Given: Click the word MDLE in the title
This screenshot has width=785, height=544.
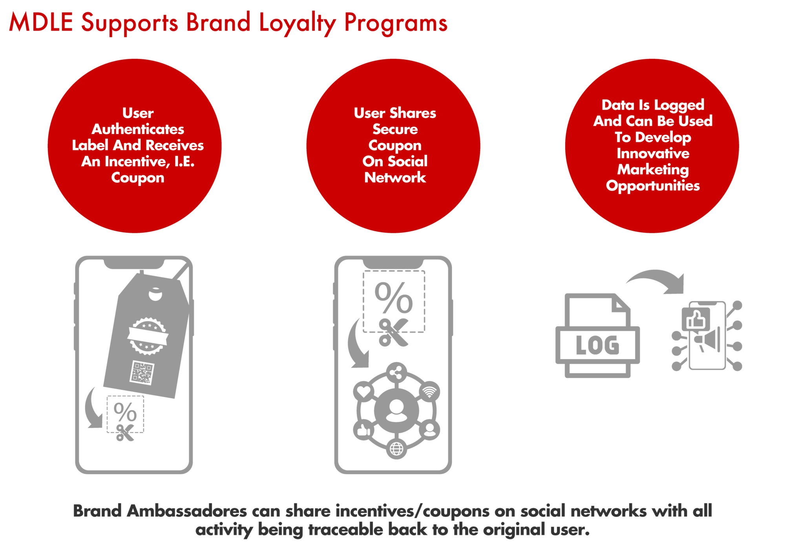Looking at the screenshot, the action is pos(41,22).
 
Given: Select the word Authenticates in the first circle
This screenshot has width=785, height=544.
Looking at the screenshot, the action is pos(138,129).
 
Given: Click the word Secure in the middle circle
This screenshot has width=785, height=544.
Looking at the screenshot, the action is pos(395,129).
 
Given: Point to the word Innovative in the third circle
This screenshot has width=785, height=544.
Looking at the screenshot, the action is pos(653,153).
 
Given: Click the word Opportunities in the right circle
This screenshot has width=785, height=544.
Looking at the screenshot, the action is pos(653,186).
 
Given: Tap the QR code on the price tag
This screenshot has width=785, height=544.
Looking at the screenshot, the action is pos(142,373).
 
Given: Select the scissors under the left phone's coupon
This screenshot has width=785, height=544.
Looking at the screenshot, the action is pos(125,432).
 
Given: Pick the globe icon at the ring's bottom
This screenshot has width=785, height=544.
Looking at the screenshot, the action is pos(396,448).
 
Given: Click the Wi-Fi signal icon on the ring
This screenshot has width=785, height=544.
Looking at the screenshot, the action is pos(429,391).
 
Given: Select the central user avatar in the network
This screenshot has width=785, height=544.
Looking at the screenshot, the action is pos(396,411).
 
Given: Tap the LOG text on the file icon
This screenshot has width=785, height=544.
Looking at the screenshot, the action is pos(597,345).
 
